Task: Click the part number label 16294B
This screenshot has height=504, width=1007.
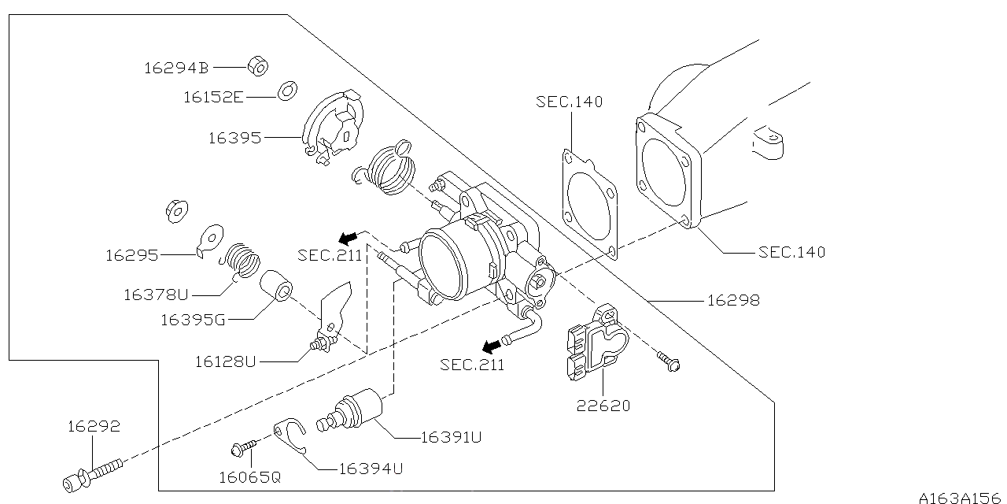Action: (175, 69)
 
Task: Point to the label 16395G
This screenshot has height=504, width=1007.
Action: (193, 320)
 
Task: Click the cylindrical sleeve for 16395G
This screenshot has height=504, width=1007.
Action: (276, 288)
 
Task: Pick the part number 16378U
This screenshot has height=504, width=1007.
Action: (156, 295)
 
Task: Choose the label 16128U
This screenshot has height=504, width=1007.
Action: (226, 361)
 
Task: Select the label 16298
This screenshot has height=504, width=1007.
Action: (733, 300)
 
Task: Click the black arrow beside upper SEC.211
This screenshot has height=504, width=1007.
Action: (349, 236)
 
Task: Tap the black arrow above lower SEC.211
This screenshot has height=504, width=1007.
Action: (492, 346)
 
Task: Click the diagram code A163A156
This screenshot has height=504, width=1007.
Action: (961, 496)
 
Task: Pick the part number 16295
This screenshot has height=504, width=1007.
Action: (132, 255)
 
